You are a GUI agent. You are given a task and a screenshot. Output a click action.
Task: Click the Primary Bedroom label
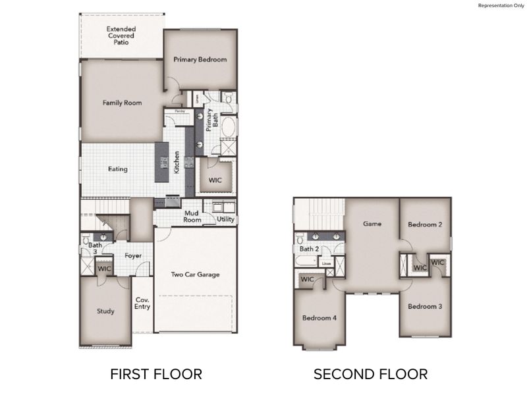coord(200,59)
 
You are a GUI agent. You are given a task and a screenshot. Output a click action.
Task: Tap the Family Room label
coord(122,103)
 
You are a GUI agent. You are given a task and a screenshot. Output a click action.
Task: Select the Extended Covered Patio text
coord(121,35)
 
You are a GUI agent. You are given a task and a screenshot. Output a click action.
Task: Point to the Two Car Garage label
coord(195,275)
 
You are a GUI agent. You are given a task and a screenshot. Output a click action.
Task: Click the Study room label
coord(105,311)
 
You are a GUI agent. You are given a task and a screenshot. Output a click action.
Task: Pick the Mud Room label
coord(192,217)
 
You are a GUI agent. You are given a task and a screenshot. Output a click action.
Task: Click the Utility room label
coord(226,219)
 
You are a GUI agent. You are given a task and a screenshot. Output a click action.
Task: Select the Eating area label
coord(118,169)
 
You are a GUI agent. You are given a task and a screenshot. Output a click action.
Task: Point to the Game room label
coord(373,224)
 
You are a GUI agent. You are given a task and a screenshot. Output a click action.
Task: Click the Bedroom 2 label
coord(425,224)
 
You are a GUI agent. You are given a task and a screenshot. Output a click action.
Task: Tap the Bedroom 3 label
coord(424,306)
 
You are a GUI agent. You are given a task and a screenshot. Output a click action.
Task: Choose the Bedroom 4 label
coord(319,318)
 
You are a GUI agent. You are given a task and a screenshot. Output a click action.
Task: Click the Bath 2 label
coord(309,249)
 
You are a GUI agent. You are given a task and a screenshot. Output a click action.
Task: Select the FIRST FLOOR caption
coord(155,375)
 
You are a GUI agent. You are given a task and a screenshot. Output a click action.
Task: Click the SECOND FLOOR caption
coord(370,375)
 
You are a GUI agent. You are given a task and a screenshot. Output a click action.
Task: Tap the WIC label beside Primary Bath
coord(215,178)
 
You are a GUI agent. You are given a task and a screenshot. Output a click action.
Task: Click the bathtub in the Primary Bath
coord(228,126)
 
